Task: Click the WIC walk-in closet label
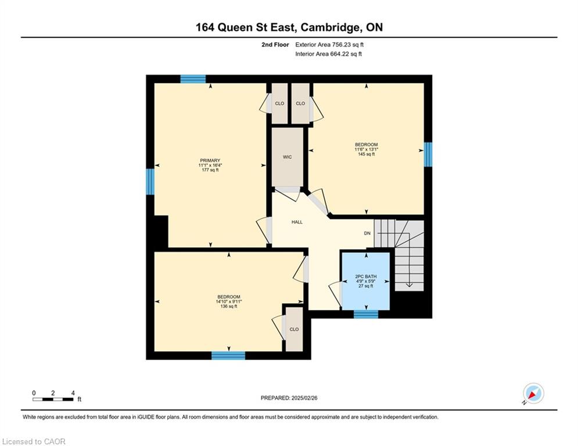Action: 287,157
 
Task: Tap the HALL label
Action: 297,222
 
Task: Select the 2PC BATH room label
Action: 365,276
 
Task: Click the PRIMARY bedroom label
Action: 210,160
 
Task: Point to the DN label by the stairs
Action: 367,233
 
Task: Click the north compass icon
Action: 533,394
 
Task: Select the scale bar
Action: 53,399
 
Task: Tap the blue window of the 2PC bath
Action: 366,314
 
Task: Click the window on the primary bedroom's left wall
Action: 150,182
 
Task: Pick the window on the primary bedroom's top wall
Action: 193,79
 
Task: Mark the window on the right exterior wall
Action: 428,154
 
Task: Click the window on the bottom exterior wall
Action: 228,355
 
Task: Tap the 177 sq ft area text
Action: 210,170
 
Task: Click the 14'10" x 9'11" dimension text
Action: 229,301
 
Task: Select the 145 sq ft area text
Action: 367,154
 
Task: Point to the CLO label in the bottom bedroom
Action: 294,329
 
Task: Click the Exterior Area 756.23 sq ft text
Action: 329,45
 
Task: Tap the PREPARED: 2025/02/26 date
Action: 289,398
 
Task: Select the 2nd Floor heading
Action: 275,45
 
